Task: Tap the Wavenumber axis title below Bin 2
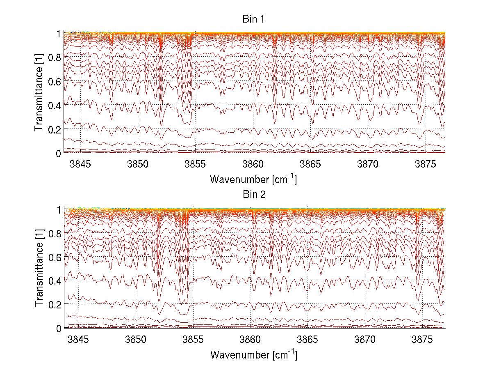coord(253,354)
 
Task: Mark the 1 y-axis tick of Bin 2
coord(59,209)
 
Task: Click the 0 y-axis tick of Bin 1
coord(59,153)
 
